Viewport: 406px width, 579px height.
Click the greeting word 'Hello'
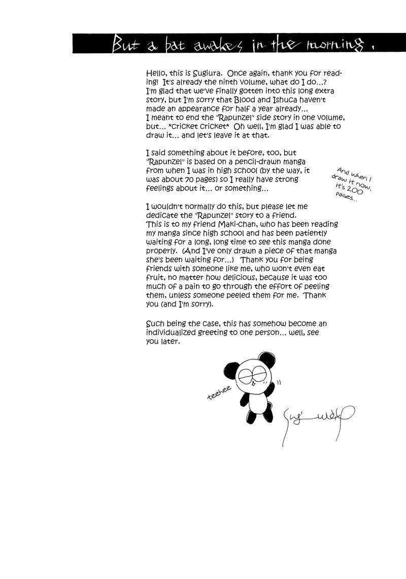coord(155,74)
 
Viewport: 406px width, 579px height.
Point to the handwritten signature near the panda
coord(317,418)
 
